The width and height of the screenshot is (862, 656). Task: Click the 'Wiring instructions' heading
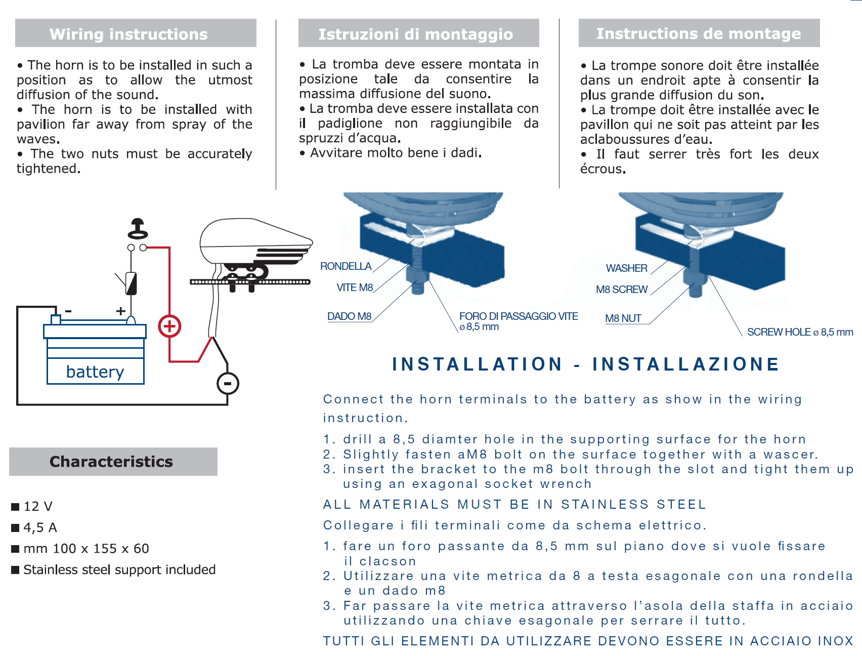[128, 34]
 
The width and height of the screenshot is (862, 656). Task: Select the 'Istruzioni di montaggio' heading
[415, 34]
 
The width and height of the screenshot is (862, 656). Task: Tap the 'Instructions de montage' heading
[698, 33]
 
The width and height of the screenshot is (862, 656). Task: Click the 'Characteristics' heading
[111, 461]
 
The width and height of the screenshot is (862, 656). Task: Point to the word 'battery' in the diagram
[95, 372]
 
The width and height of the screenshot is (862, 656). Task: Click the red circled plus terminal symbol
[169, 326]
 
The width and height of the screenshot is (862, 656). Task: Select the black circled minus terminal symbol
[228, 383]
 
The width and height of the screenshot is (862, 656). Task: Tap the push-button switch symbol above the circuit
[138, 229]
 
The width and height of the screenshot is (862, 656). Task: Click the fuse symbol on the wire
[131, 283]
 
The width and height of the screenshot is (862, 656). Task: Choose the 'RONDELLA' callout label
[346, 266]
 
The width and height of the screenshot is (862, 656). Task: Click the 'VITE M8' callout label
[355, 288]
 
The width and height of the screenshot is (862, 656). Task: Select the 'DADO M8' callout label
[350, 316]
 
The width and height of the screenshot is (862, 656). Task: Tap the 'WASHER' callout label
[627, 268]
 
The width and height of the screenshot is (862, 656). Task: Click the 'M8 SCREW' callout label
[622, 290]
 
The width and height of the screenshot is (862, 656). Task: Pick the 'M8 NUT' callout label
[623, 318]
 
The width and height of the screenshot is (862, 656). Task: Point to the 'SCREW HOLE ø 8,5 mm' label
[800, 332]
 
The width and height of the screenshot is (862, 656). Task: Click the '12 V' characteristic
[38, 506]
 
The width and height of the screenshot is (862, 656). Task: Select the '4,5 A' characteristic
[40, 527]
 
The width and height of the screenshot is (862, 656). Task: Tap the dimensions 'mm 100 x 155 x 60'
[87, 548]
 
